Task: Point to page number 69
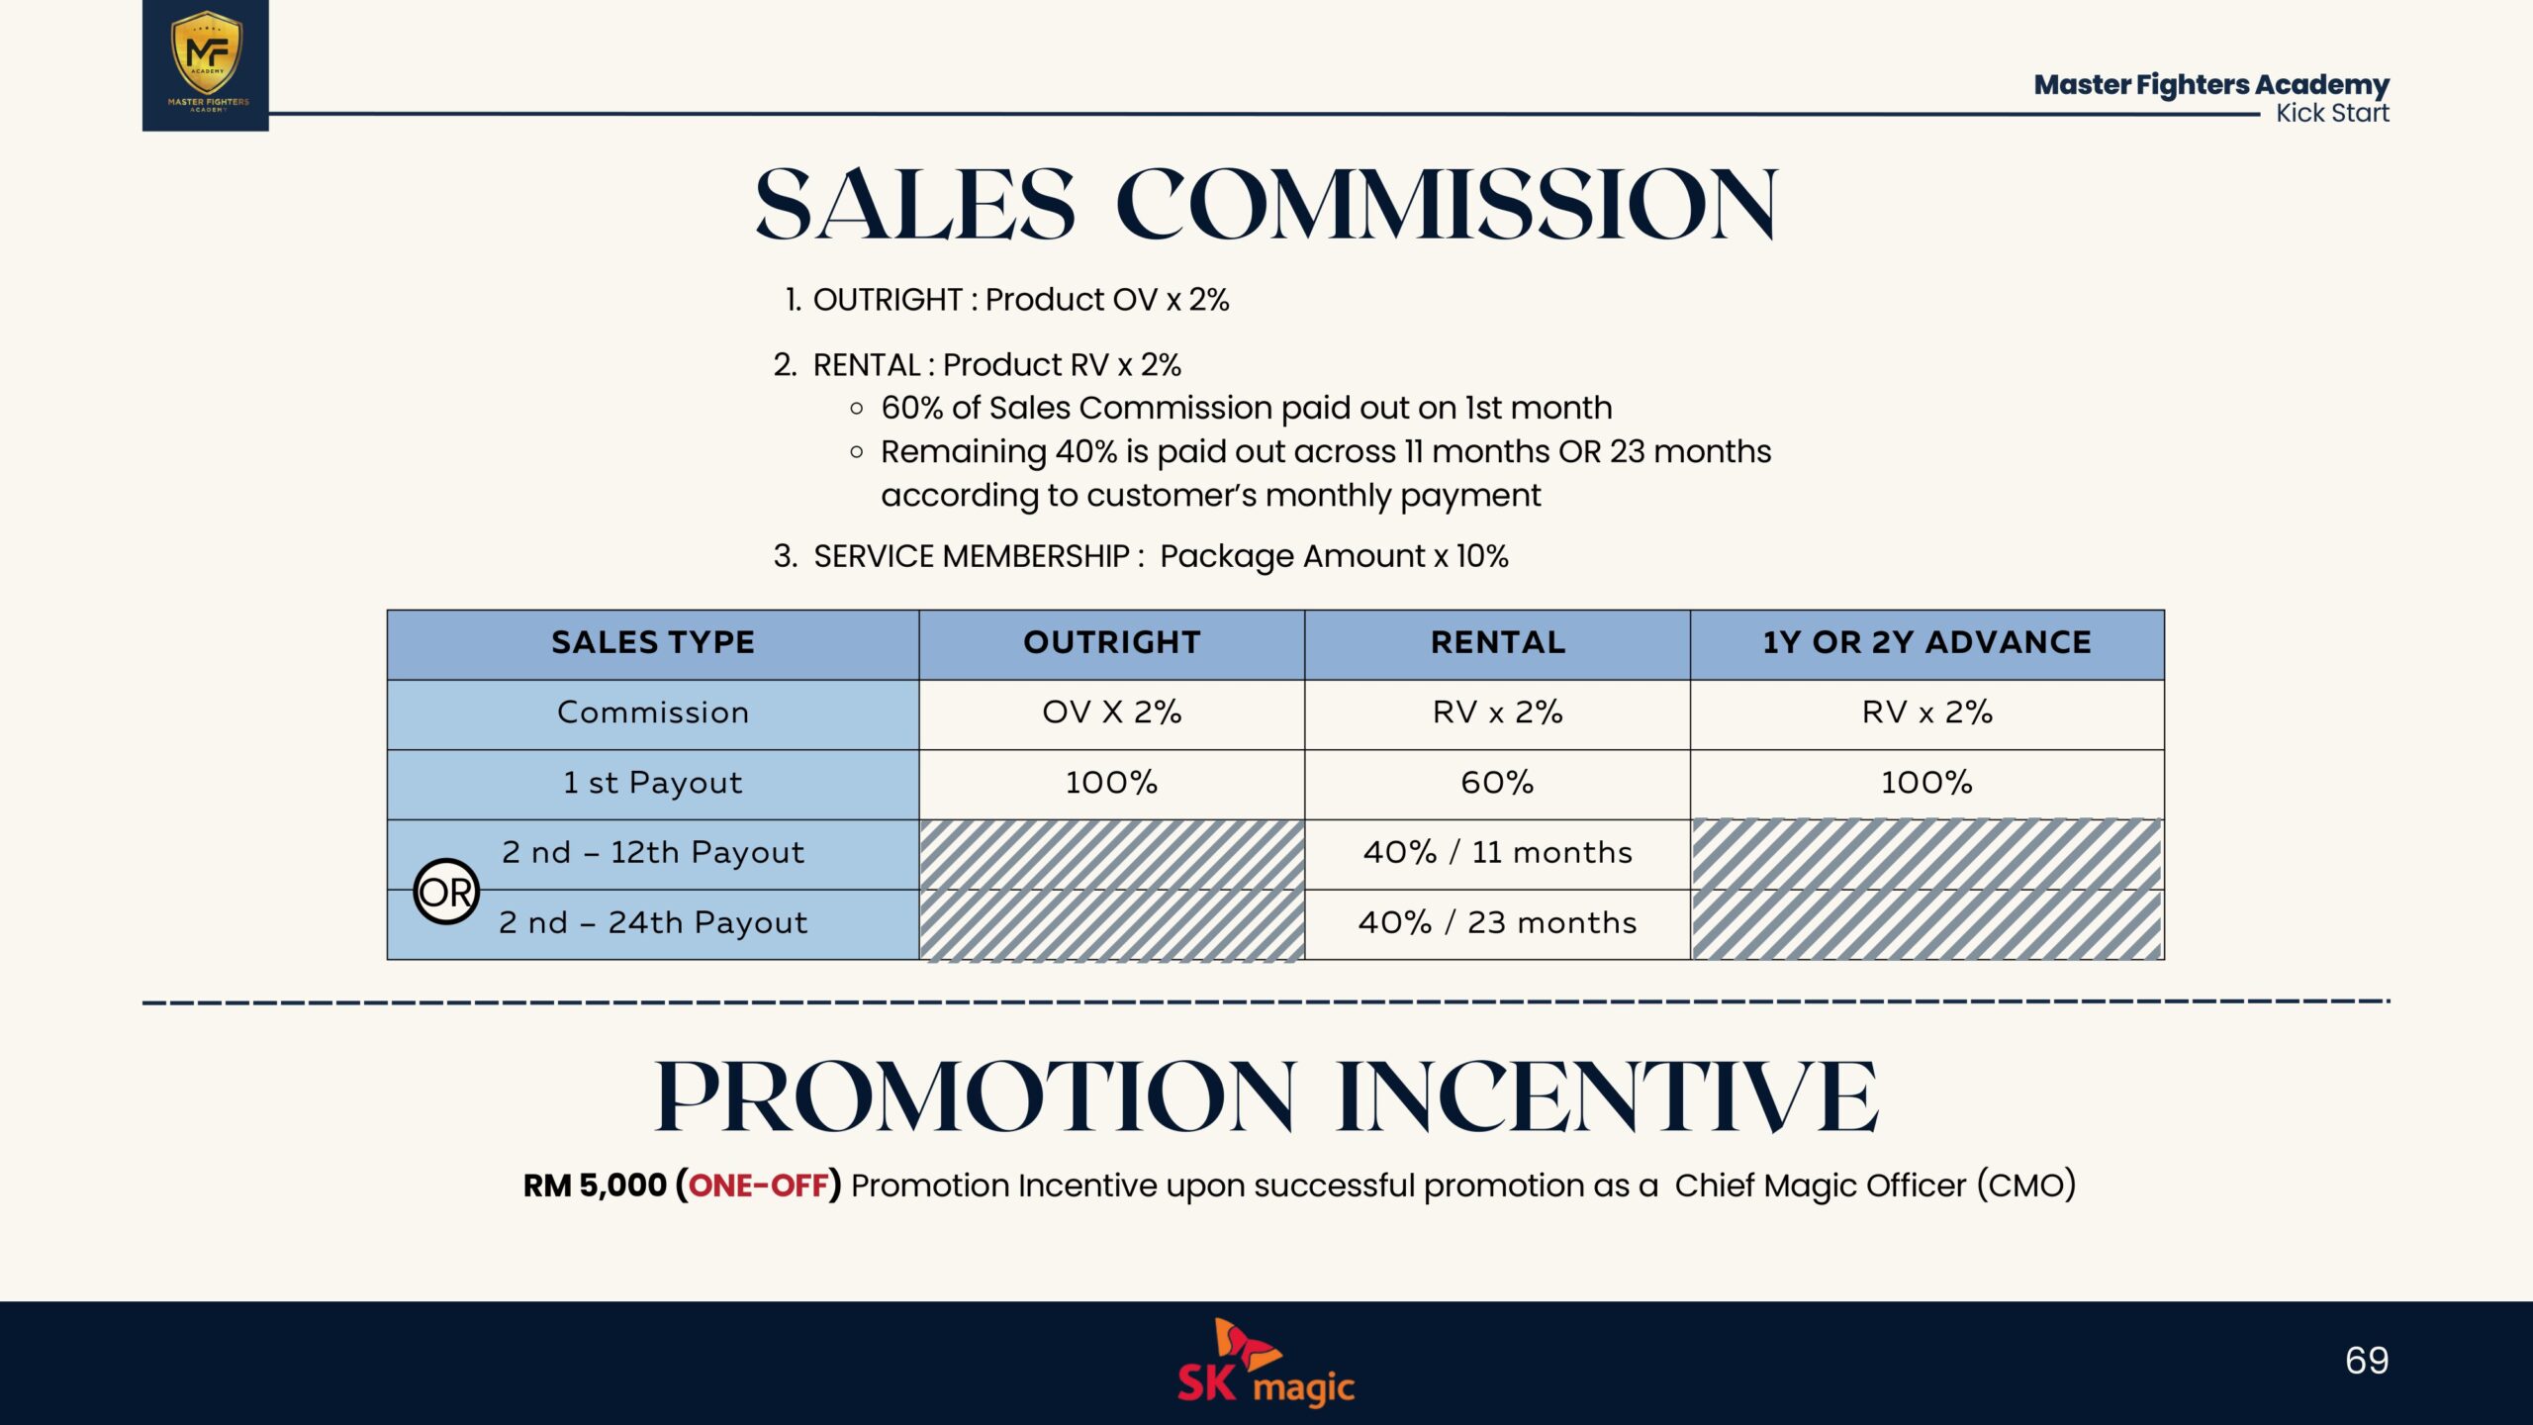click(x=2367, y=1361)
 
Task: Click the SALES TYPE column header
click(x=653, y=642)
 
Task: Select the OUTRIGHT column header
click(x=1112, y=642)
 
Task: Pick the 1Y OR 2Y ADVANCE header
click(x=1927, y=642)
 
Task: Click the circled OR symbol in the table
click(x=446, y=892)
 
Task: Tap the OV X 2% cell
click(x=1112, y=712)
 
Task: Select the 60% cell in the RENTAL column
click(x=1497, y=783)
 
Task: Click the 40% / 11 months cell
click(x=1497, y=853)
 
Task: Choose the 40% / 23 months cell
click(x=1497, y=923)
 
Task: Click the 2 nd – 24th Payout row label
click(x=653, y=923)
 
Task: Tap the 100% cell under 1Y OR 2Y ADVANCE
click(x=1926, y=783)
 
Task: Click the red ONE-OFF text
click(x=758, y=1186)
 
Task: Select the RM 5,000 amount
click(x=595, y=1186)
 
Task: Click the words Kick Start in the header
click(x=2332, y=113)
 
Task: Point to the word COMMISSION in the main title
click(x=1447, y=205)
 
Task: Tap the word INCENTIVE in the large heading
click(x=1607, y=1096)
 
